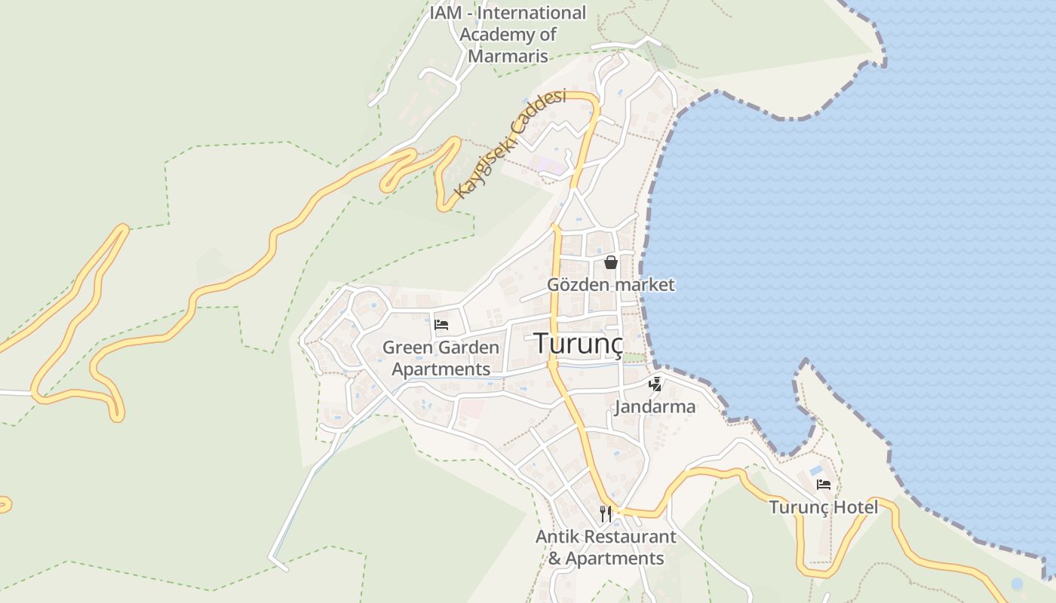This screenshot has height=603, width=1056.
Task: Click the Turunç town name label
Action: pyautogui.click(x=579, y=343)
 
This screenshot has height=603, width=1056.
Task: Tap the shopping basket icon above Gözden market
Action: pyautogui.click(x=611, y=262)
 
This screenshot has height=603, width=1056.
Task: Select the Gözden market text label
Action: pyautogui.click(x=611, y=285)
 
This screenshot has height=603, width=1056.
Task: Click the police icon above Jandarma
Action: pyautogui.click(x=655, y=384)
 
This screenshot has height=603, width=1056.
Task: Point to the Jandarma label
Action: pyautogui.click(x=655, y=407)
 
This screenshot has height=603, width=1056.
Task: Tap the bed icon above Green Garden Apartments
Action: pyautogui.click(x=441, y=325)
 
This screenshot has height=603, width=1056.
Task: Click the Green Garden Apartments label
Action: pyautogui.click(x=441, y=359)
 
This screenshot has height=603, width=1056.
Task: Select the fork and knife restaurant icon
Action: pyautogui.click(x=605, y=514)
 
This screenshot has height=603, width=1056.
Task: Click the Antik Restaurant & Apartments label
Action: pyautogui.click(x=606, y=548)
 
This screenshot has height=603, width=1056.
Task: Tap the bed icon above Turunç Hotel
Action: pyautogui.click(x=824, y=485)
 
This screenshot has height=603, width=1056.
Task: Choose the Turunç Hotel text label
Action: pyautogui.click(x=824, y=507)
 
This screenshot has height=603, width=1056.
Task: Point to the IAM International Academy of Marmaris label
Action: pyautogui.click(x=508, y=35)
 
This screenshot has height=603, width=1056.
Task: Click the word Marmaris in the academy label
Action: pyautogui.click(x=508, y=56)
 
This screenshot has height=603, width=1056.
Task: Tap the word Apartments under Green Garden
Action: pyautogui.click(x=441, y=370)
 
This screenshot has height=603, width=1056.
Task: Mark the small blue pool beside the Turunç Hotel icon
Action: pyautogui.click(x=816, y=470)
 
